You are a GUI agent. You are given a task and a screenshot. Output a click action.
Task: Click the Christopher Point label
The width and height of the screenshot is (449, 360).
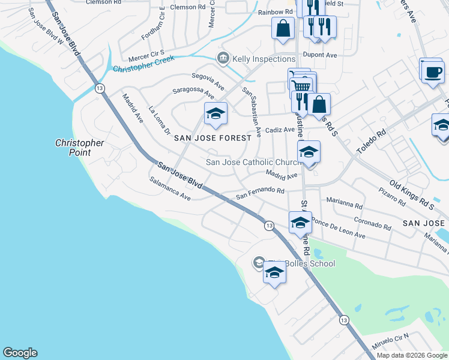(x=80, y=148)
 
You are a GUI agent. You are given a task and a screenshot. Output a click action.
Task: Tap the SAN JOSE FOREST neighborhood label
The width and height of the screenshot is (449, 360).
(x=212, y=138)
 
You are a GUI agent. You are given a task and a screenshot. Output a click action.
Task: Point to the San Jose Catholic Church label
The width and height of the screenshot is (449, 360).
(x=253, y=162)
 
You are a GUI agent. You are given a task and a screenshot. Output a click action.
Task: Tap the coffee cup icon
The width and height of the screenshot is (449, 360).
(x=431, y=72)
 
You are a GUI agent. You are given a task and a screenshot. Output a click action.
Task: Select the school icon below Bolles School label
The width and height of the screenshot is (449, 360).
(x=274, y=273)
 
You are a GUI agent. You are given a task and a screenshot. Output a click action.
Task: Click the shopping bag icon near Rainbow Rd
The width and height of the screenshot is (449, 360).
(x=283, y=28)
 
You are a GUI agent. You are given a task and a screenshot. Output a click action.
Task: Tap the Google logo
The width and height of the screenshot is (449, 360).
(x=20, y=353)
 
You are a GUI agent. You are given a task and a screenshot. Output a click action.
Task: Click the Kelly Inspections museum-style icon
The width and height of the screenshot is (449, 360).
(x=223, y=58)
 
